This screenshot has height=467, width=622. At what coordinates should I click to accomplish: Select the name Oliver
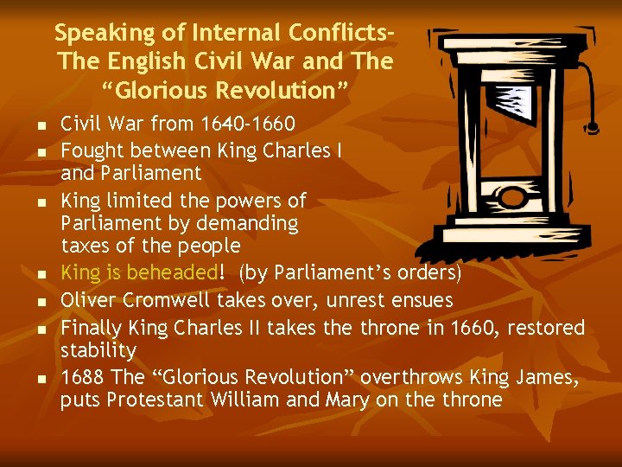pos(90,300)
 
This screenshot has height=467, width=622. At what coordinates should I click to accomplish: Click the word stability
pos(98,350)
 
